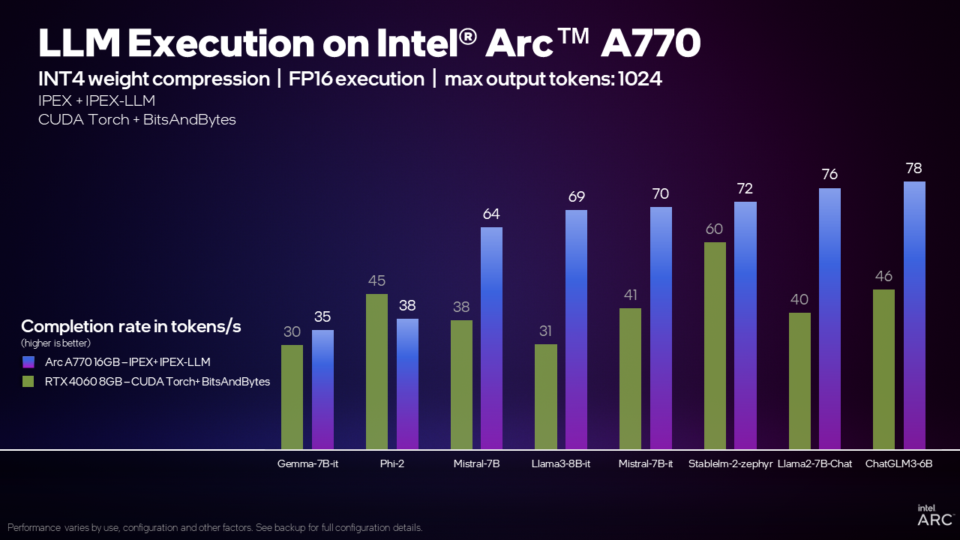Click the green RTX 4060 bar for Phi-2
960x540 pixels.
(x=376, y=371)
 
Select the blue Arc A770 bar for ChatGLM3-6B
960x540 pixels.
(x=914, y=315)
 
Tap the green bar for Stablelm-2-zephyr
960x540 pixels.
(x=715, y=345)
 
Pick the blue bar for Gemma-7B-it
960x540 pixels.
(x=322, y=389)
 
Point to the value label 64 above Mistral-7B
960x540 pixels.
(x=491, y=214)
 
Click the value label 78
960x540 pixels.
(x=913, y=168)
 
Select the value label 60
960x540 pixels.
(x=714, y=229)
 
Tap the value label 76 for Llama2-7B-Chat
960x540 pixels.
(x=829, y=175)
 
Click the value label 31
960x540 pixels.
(x=546, y=331)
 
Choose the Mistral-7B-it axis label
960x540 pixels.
(x=646, y=463)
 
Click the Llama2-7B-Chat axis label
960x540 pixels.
(x=814, y=463)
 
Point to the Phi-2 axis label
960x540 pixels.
(x=392, y=463)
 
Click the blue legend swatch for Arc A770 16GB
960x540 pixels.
(x=28, y=361)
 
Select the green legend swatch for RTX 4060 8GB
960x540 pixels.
(x=28, y=381)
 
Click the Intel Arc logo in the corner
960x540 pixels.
(x=934, y=515)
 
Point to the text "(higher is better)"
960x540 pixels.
(x=55, y=343)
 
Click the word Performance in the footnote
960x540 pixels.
(x=34, y=527)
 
